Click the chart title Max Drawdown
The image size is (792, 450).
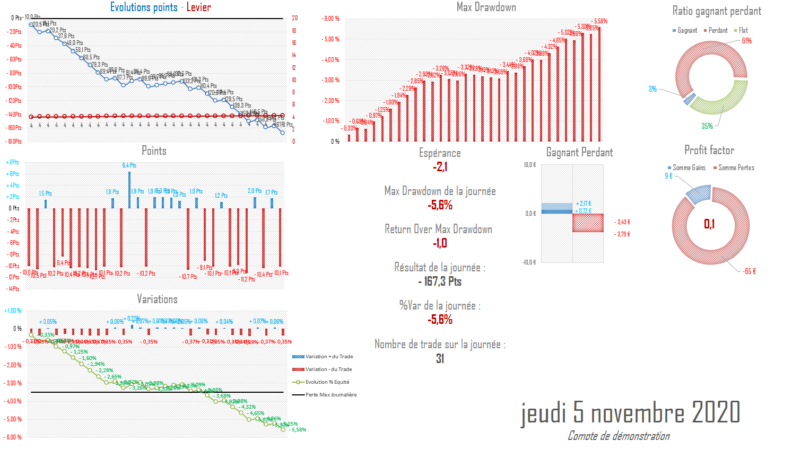[x=486, y=7]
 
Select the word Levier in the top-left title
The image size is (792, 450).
[x=198, y=7]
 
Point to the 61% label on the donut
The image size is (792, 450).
[x=746, y=41]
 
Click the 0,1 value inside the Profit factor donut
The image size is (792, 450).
[x=709, y=224]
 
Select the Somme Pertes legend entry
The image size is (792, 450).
[x=736, y=168]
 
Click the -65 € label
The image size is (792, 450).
[x=749, y=271]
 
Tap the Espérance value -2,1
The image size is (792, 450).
[x=440, y=167]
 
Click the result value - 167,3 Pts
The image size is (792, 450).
[x=440, y=281]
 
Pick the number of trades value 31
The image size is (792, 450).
[x=440, y=359]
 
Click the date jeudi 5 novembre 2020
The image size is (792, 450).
[x=630, y=413]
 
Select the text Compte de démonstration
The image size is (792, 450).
[x=619, y=436]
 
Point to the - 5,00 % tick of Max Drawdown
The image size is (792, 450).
[x=330, y=39]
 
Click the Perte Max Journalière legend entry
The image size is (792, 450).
[x=330, y=395]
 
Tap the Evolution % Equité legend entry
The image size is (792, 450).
[x=327, y=382]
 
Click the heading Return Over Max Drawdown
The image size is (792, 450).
[x=438, y=230]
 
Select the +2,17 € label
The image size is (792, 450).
[x=584, y=204]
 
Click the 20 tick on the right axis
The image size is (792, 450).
[x=295, y=18]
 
